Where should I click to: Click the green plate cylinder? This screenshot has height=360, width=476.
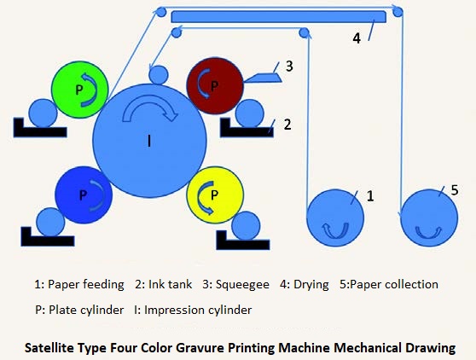click(x=80, y=90)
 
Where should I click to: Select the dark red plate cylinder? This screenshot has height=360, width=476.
click(x=215, y=86)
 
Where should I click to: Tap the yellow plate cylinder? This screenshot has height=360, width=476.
click(x=215, y=195)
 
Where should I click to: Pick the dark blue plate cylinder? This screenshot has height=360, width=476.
click(x=84, y=195)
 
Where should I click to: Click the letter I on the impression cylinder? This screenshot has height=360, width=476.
click(x=149, y=141)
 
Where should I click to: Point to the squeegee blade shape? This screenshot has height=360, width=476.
click(x=263, y=78)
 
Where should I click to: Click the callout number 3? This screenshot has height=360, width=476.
click(x=289, y=67)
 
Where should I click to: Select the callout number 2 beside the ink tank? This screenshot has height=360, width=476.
click(x=287, y=125)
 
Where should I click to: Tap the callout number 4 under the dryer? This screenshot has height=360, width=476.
click(x=357, y=38)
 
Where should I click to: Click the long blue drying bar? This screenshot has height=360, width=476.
click(x=279, y=17)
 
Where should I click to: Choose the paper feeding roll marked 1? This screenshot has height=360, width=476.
click(x=335, y=218)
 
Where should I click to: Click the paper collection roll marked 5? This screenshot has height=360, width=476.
click(x=429, y=218)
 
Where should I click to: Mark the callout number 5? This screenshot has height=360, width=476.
click(x=455, y=190)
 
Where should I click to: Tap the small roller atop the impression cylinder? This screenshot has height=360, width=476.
click(x=159, y=75)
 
